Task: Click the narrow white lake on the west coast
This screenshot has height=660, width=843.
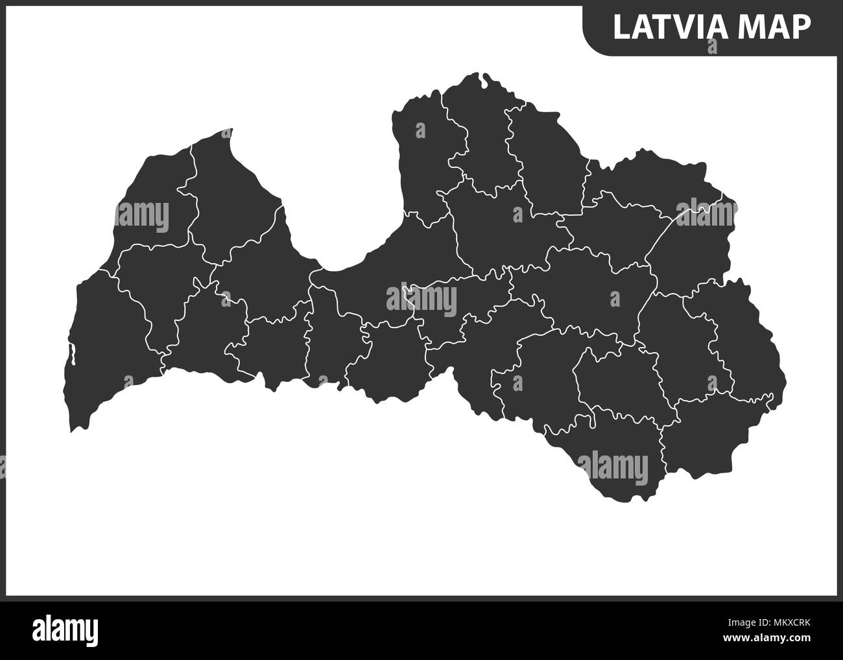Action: coord(74,355)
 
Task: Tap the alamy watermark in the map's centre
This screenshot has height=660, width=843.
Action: coord(421,300)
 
